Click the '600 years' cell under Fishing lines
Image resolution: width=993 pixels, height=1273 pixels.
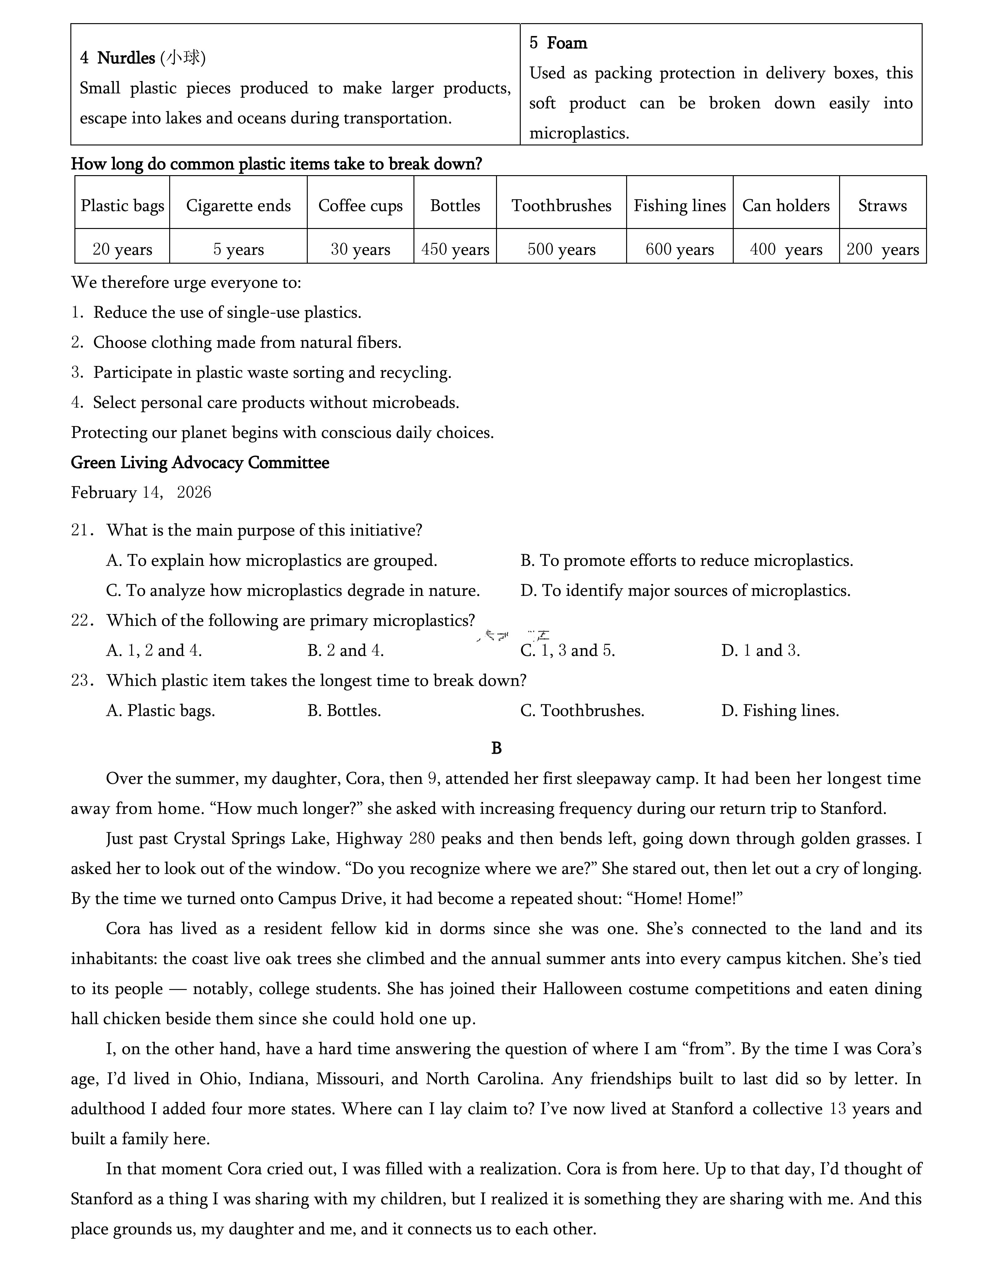tap(680, 250)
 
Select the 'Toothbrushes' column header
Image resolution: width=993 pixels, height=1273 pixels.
tap(561, 206)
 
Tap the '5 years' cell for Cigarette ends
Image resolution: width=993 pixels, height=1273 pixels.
tap(238, 250)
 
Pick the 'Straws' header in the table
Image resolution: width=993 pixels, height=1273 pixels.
tap(882, 206)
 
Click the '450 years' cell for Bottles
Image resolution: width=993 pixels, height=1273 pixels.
tap(455, 250)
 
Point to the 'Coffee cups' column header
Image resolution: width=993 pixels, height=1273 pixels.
tap(360, 206)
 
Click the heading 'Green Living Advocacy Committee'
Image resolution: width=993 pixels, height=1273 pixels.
tap(200, 463)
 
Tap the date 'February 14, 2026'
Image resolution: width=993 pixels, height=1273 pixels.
tap(141, 493)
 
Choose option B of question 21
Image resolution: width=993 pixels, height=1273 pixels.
tap(686, 561)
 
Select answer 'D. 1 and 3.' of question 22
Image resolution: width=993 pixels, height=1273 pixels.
tap(761, 651)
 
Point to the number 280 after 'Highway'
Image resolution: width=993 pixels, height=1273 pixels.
tap(422, 839)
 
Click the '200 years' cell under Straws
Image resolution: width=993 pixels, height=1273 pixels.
tap(882, 250)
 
